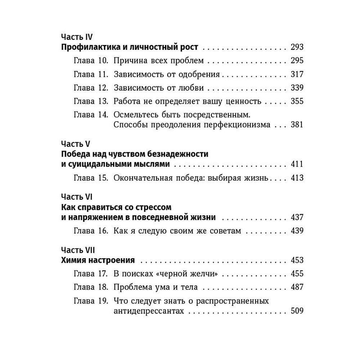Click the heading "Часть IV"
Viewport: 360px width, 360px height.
tap(77, 37)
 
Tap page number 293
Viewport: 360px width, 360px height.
tap(297, 47)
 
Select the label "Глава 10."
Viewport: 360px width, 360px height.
tap(91, 60)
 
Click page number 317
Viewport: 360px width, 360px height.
tap(297, 74)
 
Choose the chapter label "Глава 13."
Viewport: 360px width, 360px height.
tap(91, 101)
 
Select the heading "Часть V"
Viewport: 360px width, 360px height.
tap(75, 144)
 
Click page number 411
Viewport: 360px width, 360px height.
tap(297, 165)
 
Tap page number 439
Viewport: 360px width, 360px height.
tap(297, 231)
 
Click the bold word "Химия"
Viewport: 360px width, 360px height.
tap(73, 260)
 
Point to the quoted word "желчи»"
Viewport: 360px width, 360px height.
tap(205, 274)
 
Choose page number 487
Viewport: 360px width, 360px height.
tap(297, 287)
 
